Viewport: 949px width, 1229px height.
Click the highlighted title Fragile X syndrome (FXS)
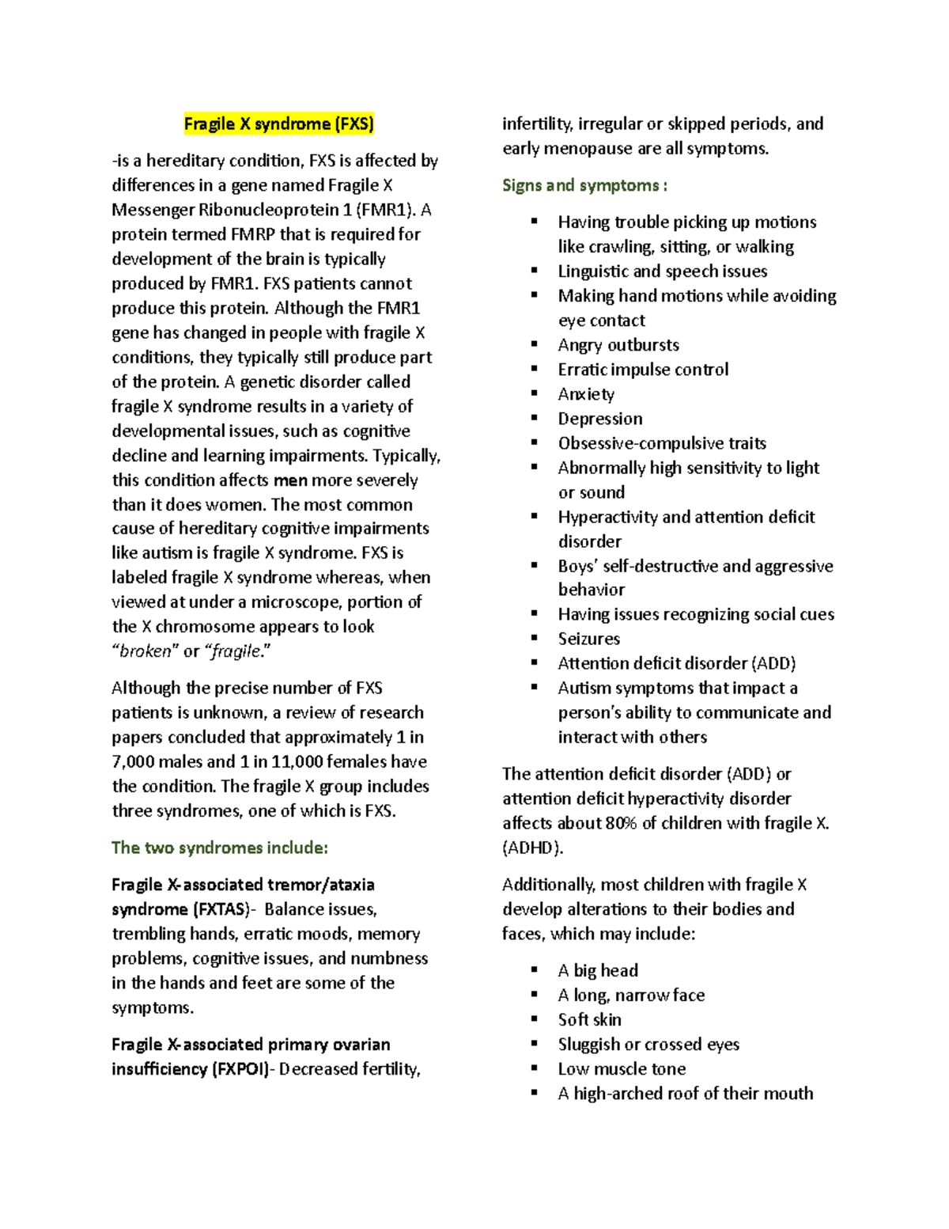click(x=278, y=124)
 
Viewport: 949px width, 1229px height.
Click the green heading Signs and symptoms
click(x=584, y=186)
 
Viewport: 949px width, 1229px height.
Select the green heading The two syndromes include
click(x=219, y=848)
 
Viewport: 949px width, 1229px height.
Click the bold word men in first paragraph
click(x=290, y=480)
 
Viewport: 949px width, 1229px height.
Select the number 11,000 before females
click(x=297, y=762)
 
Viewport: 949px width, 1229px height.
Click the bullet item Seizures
click(x=588, y=639)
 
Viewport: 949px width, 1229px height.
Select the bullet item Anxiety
click(x=585, y=394)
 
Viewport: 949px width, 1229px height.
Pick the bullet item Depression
click(x=599, y=419)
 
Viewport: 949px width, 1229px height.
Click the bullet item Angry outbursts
click(x=618, y=345)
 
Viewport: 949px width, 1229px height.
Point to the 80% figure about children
click(x=621, y=823)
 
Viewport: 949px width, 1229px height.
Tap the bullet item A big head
click(x=597, y=970)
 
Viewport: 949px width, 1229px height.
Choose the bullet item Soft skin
click(x=589, y=1019)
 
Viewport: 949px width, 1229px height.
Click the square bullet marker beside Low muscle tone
click(x=535, y=1068)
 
